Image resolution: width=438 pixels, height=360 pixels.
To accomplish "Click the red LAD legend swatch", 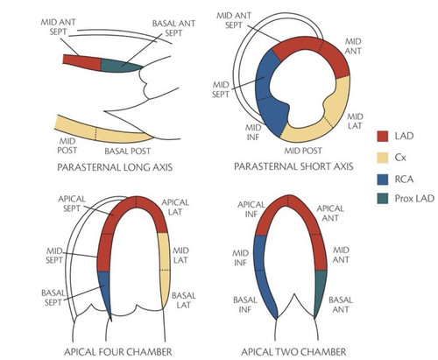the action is coord(383,136).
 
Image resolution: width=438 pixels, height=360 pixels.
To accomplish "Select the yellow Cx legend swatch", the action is coord(383,158).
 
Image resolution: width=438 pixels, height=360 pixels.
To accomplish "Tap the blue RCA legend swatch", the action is coord(383,180).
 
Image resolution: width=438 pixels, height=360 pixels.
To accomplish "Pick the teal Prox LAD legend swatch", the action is coord(383,199).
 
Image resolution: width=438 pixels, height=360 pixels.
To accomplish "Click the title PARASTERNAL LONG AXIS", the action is coord(115,167).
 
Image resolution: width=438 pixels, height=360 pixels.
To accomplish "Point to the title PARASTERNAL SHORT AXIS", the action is coord(293,166).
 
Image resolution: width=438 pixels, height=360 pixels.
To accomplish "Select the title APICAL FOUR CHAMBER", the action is coord(118,352).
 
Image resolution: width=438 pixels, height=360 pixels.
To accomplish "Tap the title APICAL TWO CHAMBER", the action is coord(293,352).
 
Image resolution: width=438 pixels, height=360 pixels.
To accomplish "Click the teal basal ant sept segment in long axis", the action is coord(119,66).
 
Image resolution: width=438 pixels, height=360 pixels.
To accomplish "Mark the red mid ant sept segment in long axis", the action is coord(82,62).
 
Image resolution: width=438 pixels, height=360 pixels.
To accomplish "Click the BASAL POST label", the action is coord(128,152).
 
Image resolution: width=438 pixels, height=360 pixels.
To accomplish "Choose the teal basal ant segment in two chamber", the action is coord(321,292).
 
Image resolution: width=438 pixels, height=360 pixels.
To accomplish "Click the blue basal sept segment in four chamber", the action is coord(104,292).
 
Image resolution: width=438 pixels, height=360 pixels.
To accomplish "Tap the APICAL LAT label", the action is coord(175,208).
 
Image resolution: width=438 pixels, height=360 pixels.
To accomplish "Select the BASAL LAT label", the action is coord(184,300).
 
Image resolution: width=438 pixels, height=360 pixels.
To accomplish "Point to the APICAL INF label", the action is coord(251,209).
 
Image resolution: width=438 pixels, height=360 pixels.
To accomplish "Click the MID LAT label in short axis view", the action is coord(355,122).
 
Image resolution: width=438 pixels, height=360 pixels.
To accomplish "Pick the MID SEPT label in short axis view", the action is coord(221,89).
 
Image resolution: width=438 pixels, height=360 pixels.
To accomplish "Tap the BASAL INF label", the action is coord(245,305).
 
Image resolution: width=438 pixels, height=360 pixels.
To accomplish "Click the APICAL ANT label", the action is coord(330,213).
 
